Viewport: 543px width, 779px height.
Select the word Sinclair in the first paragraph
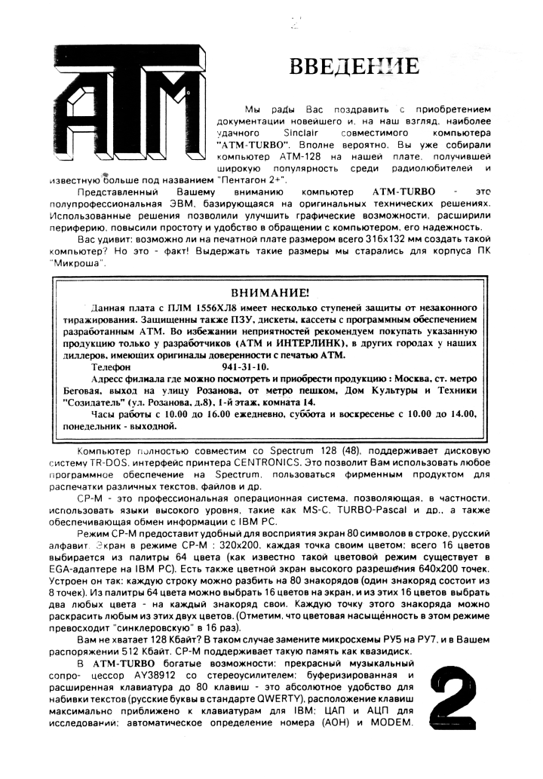(x=341, y=131)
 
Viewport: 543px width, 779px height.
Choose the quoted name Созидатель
(x=91, y=402)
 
